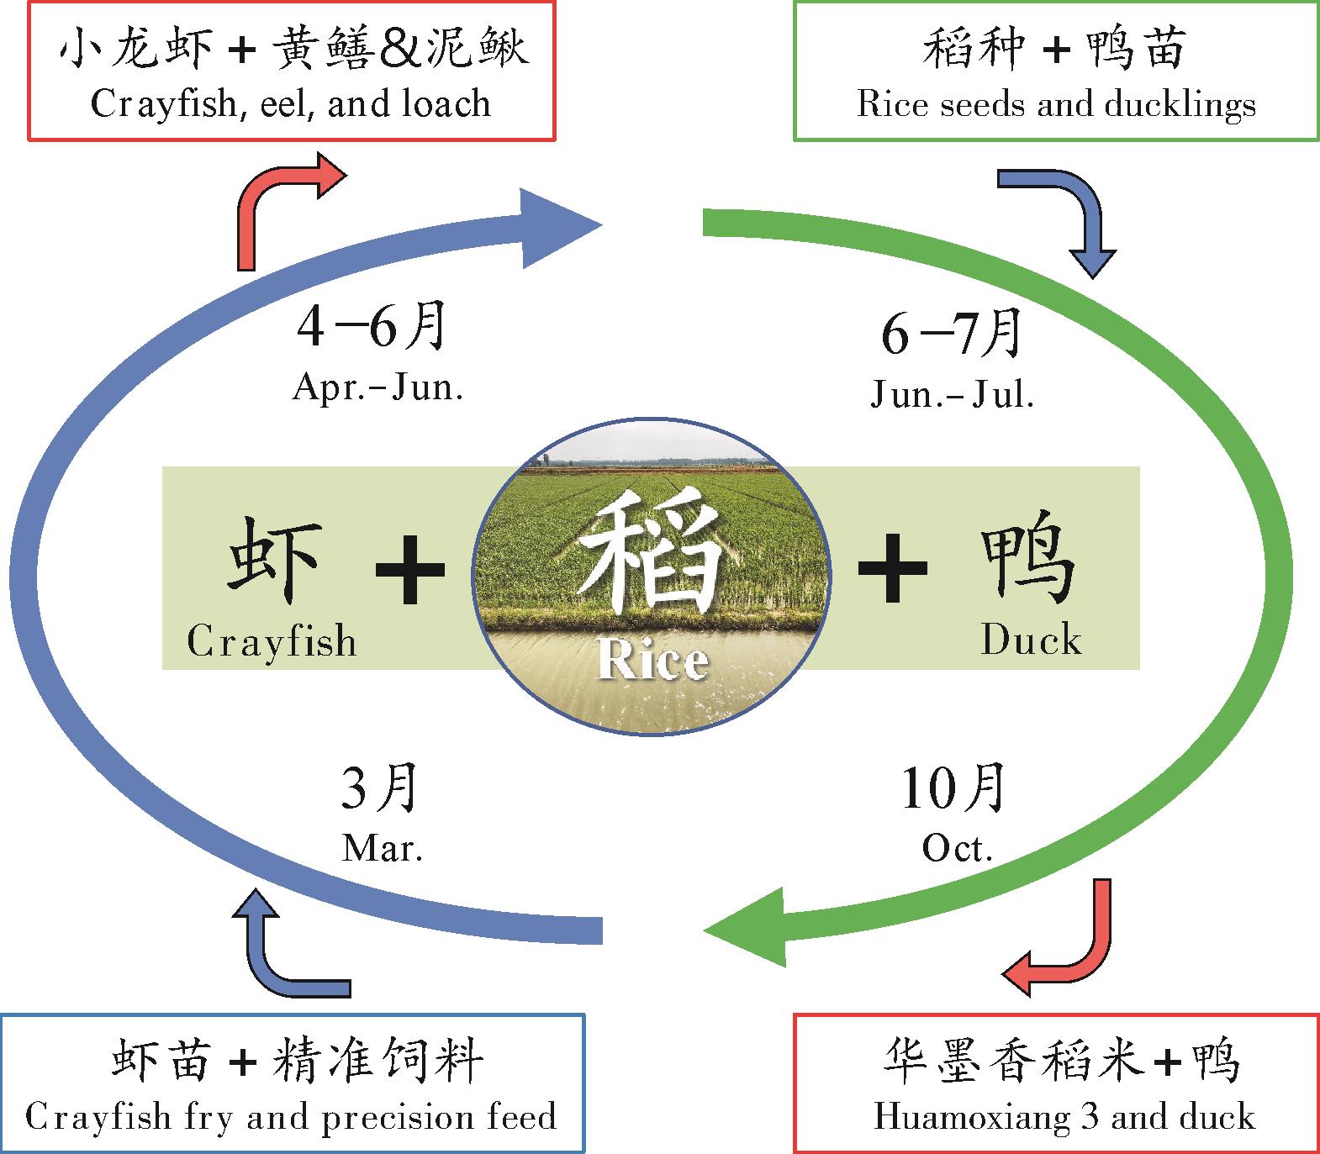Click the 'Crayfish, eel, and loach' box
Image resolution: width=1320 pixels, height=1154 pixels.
[291, 71]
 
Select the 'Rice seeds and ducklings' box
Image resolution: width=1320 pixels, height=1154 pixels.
[1056, 71]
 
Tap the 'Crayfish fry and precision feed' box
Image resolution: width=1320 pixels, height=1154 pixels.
[292, 1083]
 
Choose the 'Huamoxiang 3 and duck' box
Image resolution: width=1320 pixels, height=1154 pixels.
[1056, 1083]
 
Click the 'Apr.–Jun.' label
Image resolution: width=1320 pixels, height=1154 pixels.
[378, 388]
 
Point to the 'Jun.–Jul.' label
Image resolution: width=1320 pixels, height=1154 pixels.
[952, 394]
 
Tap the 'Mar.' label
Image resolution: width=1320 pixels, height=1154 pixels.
[383, 849]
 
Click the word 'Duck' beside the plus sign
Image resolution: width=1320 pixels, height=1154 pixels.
[1031, 640]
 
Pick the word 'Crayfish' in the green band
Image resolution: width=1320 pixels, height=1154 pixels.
[272, 642]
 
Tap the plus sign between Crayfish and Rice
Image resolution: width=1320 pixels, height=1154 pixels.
[409, 571]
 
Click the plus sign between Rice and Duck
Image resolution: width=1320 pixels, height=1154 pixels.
[892, 569]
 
